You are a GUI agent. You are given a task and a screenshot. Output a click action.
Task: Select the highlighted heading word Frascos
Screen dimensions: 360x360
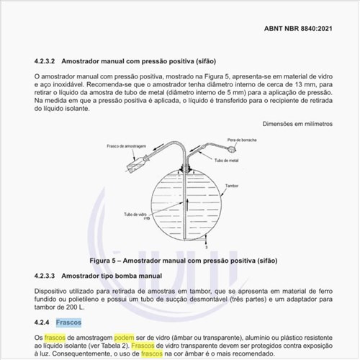click(69, 322)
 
